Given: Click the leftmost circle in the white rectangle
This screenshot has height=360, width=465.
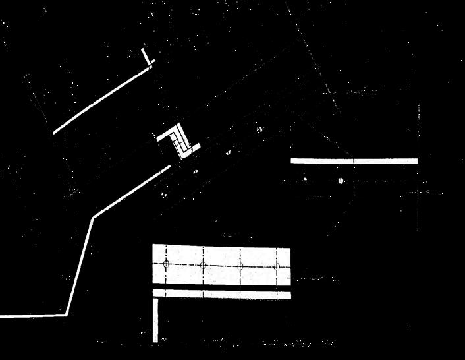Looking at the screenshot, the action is point(166,264).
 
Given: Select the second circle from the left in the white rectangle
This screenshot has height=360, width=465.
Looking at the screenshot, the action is point(204,265).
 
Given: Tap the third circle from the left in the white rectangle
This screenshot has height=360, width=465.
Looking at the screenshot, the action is point(241,266).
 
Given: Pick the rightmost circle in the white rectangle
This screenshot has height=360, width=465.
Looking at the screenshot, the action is point(277,266).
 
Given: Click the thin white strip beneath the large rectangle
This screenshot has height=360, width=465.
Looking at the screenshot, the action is point(221,293).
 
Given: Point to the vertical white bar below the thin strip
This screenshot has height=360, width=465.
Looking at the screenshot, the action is point(155,320).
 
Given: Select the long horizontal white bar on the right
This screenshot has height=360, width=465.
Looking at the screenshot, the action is point(354,160).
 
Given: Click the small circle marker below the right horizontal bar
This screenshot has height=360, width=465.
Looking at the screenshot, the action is point(341,180).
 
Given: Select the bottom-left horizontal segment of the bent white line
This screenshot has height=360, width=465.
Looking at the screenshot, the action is point(33,315).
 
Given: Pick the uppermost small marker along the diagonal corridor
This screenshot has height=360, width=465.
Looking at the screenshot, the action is point(259,129).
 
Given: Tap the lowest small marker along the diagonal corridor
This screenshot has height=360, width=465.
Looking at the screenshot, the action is point(163,195).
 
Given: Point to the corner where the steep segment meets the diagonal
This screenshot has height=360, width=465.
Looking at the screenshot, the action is point(92,218).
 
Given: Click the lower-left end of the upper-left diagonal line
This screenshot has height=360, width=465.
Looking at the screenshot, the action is point(55,132).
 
